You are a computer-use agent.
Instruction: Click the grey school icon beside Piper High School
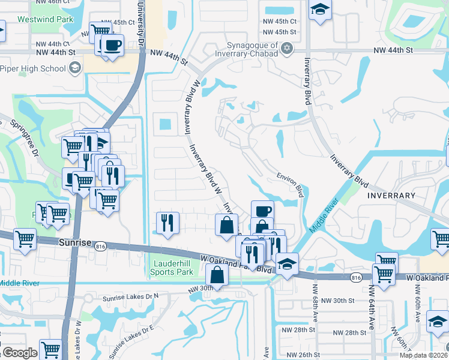(x=74, y=68)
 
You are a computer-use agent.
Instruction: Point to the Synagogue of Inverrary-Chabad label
(x=253, y=49)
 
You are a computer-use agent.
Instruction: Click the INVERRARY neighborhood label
(x=391, y=196)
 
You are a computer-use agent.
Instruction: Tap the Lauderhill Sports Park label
(x=171, y=268)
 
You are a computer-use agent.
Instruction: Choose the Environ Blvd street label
(x=290, y=182)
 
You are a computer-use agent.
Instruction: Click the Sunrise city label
(x=75, y=243)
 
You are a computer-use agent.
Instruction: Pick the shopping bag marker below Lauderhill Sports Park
(x=217, y=275)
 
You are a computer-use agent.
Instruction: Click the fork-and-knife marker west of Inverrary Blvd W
(x=167, y=223)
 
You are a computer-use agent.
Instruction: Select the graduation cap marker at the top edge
(x=320, y=10)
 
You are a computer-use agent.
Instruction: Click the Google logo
(x=20, y=353)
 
